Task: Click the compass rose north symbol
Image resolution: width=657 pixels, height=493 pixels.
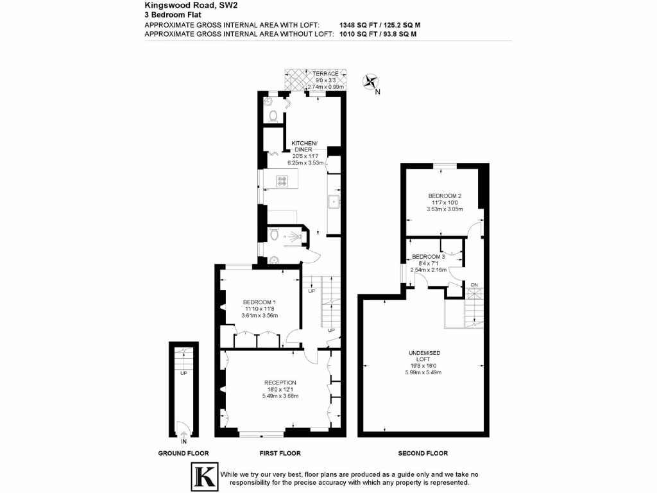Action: pos(371,82)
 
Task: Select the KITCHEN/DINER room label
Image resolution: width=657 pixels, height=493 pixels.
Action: pos(303,146)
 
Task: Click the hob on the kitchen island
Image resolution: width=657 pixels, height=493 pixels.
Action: pos(282,181)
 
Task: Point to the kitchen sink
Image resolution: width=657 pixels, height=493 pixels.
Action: pos(334,203)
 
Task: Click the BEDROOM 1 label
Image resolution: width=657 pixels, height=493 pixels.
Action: pos(260,302)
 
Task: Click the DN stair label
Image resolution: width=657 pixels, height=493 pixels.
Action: pos(474,284)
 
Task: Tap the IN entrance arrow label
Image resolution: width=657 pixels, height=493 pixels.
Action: pos(183,442)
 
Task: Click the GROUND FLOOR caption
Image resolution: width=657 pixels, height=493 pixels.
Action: pos(183,453)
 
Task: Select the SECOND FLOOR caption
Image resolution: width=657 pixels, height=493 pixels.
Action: pos(423,453)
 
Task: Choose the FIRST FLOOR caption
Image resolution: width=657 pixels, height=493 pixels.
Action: pos(280,453)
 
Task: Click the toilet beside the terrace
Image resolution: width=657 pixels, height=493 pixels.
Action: pos(274,116)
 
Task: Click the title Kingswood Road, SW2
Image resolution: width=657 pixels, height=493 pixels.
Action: pos(183,4)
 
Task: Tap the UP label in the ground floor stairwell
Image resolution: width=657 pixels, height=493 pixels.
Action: pos(183,373)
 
